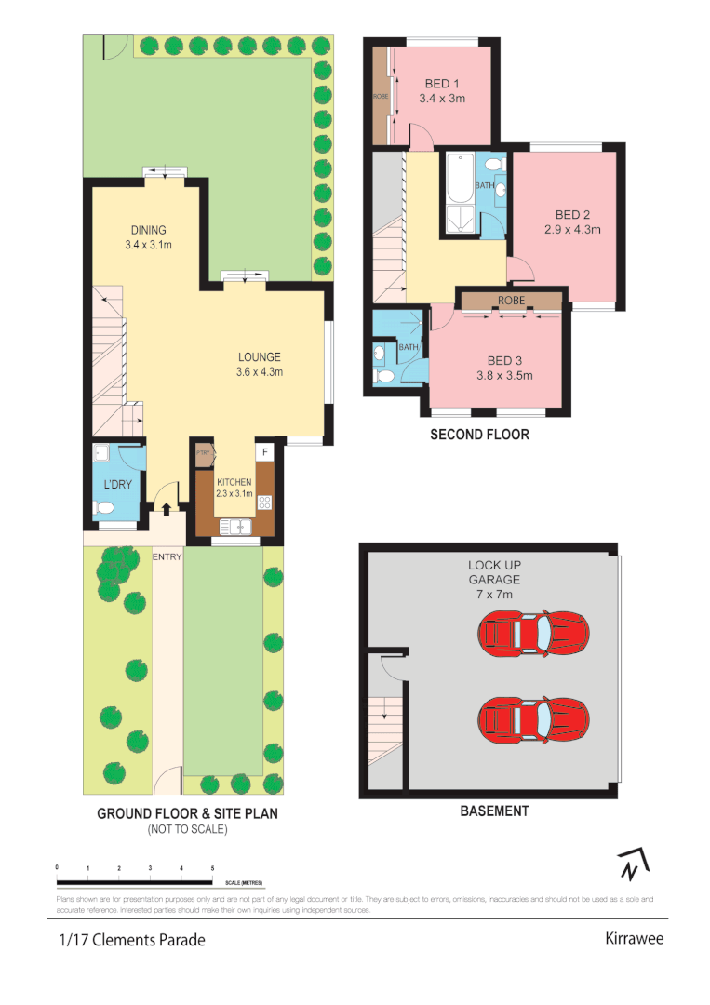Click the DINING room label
pyautogui.click(x=148, y=231)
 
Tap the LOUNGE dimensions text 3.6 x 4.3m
pyautogui.click(x=260, y=372)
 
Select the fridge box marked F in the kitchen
pyautogui.click(x=265, y=452)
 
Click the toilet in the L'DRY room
pyautogui.click(x=105, y=508)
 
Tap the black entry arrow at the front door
pyautogui.click(x=167, y=508)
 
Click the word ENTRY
pyautogui.click(x=167, y=556)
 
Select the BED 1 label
pyautogui.click(x=441, y=84)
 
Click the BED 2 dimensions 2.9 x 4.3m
pyautogui.click(x=572, y=228)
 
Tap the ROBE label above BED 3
pyautogui.click(x=511, y=301)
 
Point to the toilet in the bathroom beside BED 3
pyautogui.click(x=384, y=376)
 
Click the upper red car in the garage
pyautogui.click(x=533, y=633)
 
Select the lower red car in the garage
pyautogui.click(x=533, y=717)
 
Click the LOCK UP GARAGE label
pyautogui.click(x=493, y=572)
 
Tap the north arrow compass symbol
pyautogui.click(x=632, y=865)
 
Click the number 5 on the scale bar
pyautogui.click(x=213, y=867)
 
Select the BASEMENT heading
pyautogui.click(x=494, y=811)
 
